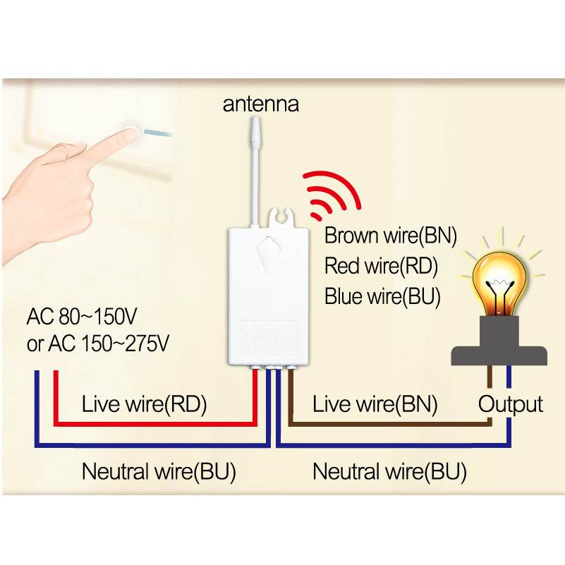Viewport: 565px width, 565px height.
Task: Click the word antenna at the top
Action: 261,104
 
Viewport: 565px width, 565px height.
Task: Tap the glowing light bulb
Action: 502,281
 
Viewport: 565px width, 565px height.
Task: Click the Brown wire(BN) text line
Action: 391,236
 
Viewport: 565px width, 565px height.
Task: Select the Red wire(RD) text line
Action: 381,266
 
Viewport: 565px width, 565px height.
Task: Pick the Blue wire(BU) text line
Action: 382,296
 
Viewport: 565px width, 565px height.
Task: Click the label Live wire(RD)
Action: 144,404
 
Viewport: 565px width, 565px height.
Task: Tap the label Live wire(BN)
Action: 375,404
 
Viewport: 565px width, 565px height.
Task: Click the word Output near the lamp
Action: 511,404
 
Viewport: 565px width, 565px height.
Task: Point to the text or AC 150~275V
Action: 98,344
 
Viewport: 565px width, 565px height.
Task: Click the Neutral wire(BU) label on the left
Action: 159,470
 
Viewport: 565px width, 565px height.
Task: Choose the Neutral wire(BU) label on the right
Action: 389,470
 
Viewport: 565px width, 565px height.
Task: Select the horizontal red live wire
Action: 155,425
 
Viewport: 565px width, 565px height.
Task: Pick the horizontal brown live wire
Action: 388,425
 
